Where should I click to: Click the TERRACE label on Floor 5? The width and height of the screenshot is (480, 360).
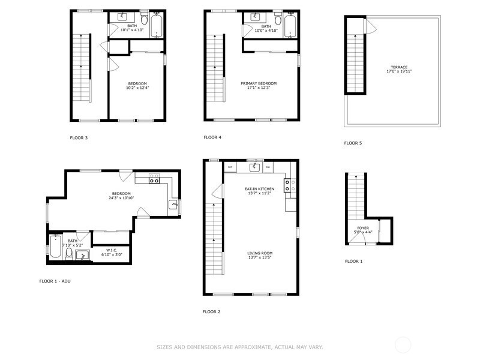point(399,67)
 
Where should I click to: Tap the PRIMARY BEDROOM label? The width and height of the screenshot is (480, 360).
point(259,83)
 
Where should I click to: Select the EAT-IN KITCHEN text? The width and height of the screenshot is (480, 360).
point(259,188)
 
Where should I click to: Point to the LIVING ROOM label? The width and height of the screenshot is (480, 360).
point(260,253)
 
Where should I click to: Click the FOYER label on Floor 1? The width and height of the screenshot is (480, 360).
point(363,228)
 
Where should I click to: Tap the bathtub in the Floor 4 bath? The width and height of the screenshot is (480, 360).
point(290,25)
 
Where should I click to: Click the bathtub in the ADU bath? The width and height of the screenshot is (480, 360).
point(55,248)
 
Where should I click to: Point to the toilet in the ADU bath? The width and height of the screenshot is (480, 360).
point(68,254)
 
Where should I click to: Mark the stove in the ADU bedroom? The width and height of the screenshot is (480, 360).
point(154,178)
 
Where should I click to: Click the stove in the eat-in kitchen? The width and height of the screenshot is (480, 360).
point(289,186)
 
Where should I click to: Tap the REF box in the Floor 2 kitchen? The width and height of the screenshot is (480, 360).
point(230,167)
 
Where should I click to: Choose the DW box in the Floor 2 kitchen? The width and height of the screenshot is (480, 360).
point(268,167)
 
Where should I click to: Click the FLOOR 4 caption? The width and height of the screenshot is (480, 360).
point(212,137)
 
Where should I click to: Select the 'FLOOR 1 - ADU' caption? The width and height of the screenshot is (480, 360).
point(59,281)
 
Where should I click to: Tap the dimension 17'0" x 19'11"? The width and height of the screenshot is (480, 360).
point(399,71)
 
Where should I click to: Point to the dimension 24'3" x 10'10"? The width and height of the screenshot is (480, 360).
point(121,198)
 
